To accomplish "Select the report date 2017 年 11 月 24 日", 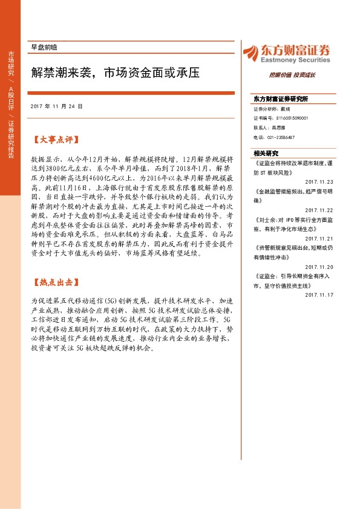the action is coord(56,106).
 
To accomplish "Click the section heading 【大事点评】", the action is coord(54,140).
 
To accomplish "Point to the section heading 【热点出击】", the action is coord(54,282).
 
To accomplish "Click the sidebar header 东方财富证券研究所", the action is coord(281,99).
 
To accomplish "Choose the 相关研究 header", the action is coord(266,153).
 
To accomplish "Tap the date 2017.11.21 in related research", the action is coord(319,238).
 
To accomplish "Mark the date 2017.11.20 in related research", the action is coord(319,267).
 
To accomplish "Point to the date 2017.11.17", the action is coord(319,295).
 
